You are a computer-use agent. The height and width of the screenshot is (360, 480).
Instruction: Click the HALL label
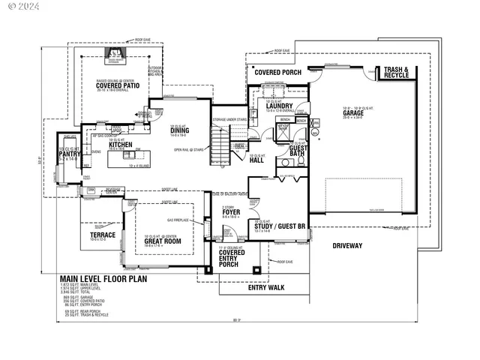click(x=256, y=160)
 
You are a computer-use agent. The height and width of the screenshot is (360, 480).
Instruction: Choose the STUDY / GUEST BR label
click(x=276, y=226)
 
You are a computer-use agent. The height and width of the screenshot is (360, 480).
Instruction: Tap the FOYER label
click(x=231, y=212)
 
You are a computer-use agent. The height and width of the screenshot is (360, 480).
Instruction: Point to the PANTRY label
click(x=70, y=154)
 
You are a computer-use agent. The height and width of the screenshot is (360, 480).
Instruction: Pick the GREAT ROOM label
click(x=163, y=241)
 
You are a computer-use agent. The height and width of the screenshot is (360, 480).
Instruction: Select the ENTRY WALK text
click(x=266, y=286)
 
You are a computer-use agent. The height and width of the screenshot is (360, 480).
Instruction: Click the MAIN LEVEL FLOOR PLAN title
click(x=103, y=278)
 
